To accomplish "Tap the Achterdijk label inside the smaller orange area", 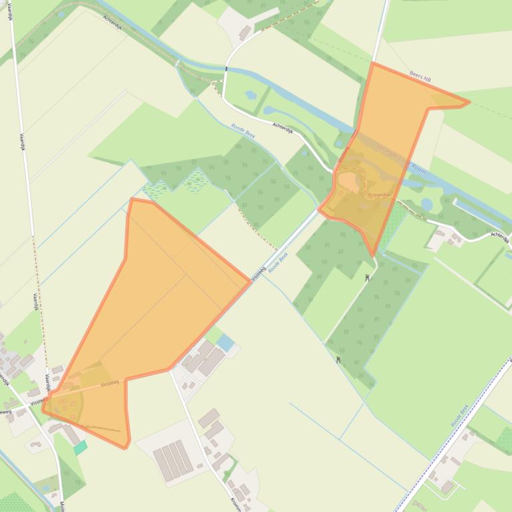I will (x=380, y=195).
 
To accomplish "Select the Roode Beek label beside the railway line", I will (x=460, y=415).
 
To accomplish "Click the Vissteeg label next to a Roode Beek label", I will (x=258, y=273).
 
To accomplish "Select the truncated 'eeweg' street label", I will (x=5, y=412).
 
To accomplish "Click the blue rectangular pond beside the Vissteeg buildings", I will (x=226, y=343).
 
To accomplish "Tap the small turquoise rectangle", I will (x=80, y=448).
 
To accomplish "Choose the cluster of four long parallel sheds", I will (x=173, y=459).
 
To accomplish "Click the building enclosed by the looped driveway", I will (x=448, y=487).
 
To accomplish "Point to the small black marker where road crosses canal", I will (x=227, y=68).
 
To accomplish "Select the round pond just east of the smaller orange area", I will (x=426, y=204).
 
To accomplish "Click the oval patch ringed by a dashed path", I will (x=350, y=182).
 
